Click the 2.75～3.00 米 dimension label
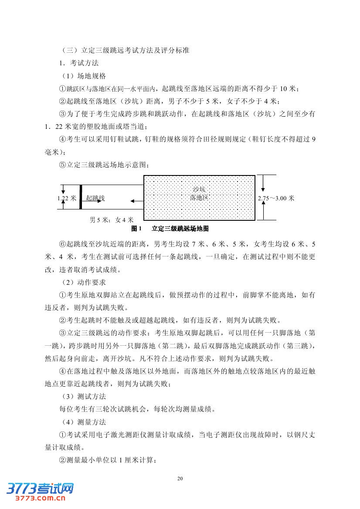click(x=276, y=198)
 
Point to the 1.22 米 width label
click(x=67, y=198)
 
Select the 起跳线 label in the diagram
click(x=95, y=198)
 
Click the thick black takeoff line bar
click(x=81, y=197)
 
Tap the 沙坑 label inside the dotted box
click(x=199, y=189)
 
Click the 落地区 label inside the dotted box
click(x=199, y=197)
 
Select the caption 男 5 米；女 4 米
click(x=111, y=220)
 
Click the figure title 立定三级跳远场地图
click(x=181, y=228)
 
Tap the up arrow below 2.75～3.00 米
click(x=263, y=211)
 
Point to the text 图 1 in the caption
click(x=137, y=228)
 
